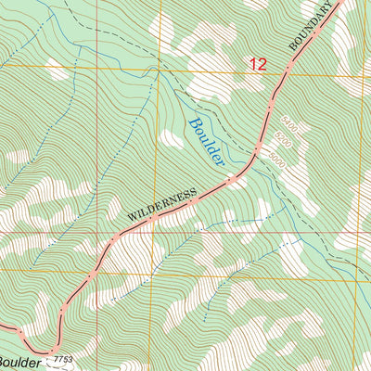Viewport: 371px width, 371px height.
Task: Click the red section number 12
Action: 258,64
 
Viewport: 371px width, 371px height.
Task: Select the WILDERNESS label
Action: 163,207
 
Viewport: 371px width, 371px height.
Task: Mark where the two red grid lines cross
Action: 160,232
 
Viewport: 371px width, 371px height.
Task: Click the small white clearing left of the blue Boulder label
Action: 171,139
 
